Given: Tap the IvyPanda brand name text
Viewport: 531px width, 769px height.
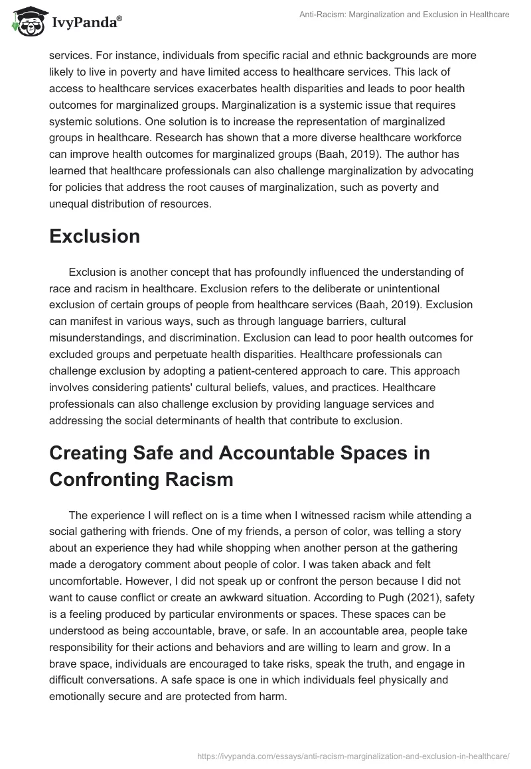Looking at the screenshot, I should coord(86,24).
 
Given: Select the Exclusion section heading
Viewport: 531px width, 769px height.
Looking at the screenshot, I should coord(94,236).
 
